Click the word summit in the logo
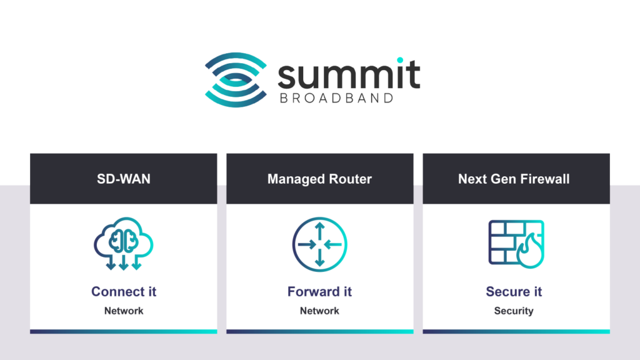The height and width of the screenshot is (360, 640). click(348, 74)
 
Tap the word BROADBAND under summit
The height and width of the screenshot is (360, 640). click(335, 98)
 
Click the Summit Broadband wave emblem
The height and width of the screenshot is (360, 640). click(235, 80)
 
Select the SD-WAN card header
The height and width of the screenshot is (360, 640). click(124, 179)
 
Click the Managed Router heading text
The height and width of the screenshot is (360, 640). click(319, 179)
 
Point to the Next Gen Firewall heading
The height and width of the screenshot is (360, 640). click(514, 179)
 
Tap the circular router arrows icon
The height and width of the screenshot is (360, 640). click(319, 244)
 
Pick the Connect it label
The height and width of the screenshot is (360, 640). click(124, 291)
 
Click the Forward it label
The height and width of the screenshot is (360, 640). click(319, 291)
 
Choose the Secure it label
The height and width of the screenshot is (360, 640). click(514, 291)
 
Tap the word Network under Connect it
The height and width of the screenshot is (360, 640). click(124, 311)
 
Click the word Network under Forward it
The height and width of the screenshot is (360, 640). click(319, 311)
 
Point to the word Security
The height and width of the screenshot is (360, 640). click(514, 311)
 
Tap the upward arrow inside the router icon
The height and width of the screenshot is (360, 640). click(319, 229)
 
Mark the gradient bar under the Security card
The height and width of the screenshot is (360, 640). click(516, 331)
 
